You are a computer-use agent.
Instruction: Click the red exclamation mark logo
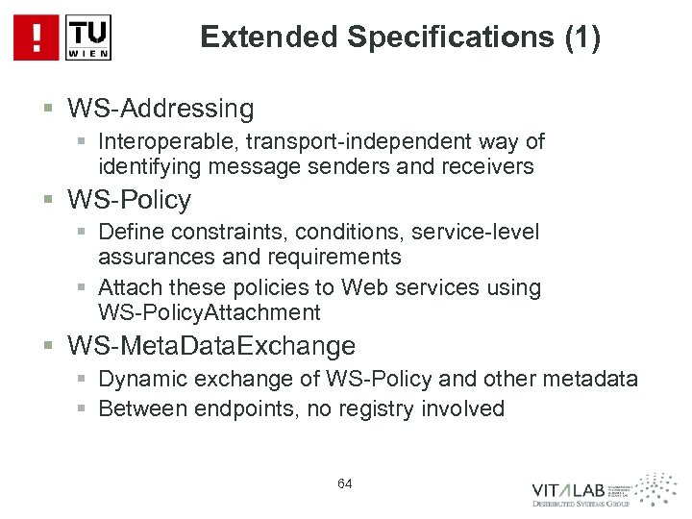click(x=36, y=37)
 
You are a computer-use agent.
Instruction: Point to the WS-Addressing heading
click(x=161, y=107)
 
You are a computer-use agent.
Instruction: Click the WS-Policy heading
click(x=129, y=200)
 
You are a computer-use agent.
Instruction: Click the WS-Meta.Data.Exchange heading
click(x=211, y=345)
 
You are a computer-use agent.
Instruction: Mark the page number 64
click(x=345, y=483)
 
